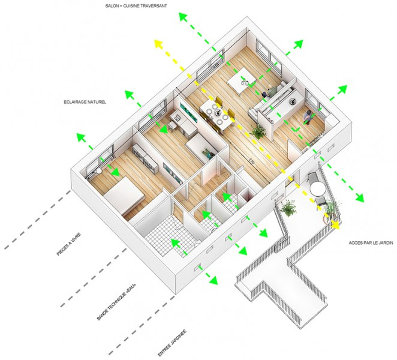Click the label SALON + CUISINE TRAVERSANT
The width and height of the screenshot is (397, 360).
136,5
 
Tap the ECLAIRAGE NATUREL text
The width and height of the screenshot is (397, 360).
85,102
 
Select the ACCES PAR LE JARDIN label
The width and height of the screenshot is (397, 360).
371,243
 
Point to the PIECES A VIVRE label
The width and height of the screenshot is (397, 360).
68,244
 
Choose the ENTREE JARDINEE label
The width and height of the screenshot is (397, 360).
172,343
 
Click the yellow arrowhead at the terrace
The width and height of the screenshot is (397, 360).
335,224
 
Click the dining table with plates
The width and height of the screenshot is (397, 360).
216,114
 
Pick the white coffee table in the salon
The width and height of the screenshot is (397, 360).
242,80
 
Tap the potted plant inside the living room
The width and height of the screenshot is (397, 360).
258,131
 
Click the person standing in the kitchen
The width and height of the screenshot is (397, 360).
308,117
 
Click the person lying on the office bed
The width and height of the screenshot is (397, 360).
207,153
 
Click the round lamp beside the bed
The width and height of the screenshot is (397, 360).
99,172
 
